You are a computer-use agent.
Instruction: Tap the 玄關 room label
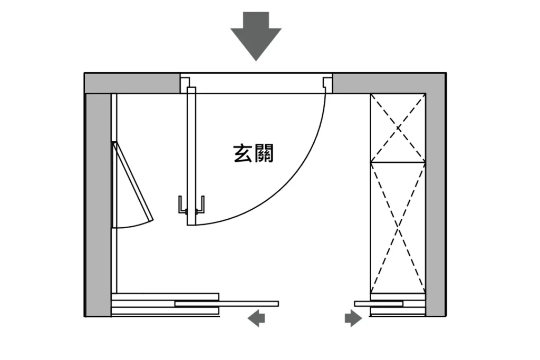click(254, 153)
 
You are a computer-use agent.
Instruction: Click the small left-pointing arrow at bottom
click(257, 318)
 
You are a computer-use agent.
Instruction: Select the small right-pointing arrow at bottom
click(353, 318)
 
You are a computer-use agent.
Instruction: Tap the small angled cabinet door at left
click(132, 182)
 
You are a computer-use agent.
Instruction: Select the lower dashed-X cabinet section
click(398, 227)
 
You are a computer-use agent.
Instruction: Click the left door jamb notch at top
click(185, 83)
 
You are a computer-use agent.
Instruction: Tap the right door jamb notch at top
click(327, 83)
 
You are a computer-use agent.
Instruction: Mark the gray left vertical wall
click(98, 206)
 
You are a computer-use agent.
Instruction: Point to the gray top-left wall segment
click(132, 83)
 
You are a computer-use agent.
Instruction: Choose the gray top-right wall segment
click(388, 83)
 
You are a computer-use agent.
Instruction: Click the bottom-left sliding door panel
click(227, 304)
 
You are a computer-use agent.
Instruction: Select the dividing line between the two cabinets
click(398, 162)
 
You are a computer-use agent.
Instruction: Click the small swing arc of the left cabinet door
click(132, 225)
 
